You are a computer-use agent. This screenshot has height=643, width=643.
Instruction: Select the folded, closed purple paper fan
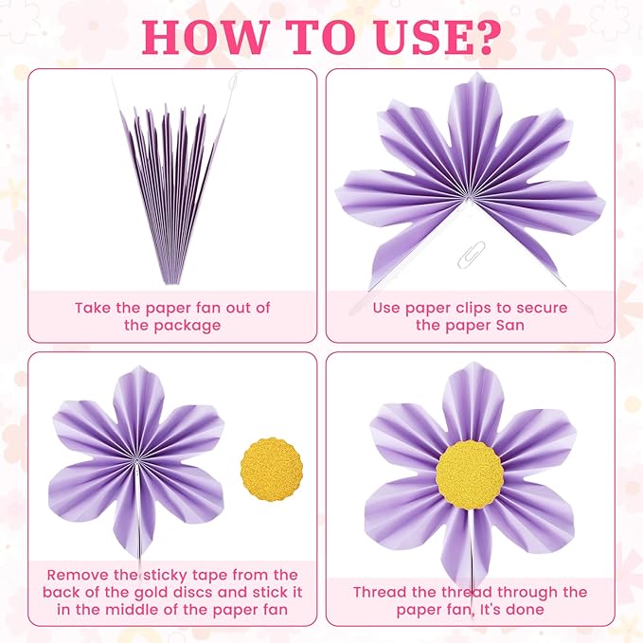pyautogui.click(x=170, y=189)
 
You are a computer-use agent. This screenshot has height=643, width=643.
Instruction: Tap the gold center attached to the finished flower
pyautogui.click(x=469, y=474)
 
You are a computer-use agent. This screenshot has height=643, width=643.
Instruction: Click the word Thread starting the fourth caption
pyautogui.click(x=382, y=592)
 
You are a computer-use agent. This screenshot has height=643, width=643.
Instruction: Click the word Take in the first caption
pyautogui.click(x=95, y=308)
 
